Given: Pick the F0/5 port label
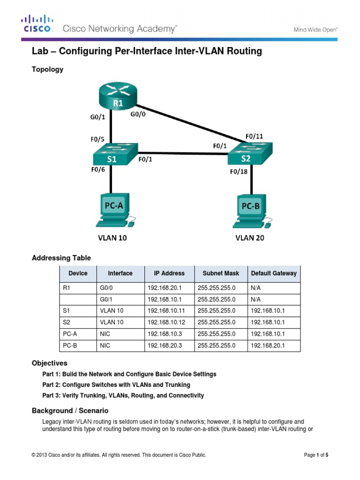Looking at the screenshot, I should [98, 139].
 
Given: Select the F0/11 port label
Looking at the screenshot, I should [255, 136].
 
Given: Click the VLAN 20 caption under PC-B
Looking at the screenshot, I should [249, 238].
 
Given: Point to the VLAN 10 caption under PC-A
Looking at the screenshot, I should [112, 238].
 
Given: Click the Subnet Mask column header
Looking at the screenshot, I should [220, 273].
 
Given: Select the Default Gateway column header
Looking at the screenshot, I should [274, 273].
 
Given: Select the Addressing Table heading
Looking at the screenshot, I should [61, 258].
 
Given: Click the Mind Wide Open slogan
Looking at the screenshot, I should [315, 29].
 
